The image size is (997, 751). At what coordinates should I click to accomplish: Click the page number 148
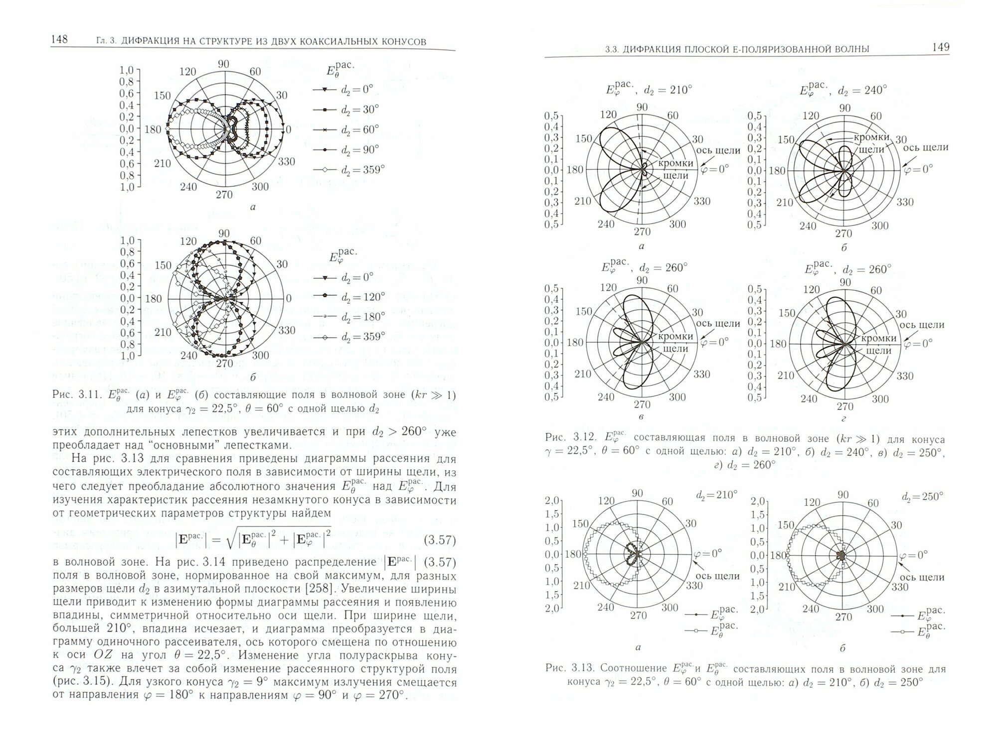pos(59,39)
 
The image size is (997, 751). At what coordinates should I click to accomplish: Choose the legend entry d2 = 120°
pos(362,297)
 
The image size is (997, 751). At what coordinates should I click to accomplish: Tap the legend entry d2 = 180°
pos(362,317)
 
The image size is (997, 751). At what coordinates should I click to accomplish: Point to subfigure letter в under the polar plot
pos(641,417)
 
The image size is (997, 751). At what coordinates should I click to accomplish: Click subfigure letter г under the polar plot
pos(843,419)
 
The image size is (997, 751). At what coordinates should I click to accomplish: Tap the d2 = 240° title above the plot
pos(862,91)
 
